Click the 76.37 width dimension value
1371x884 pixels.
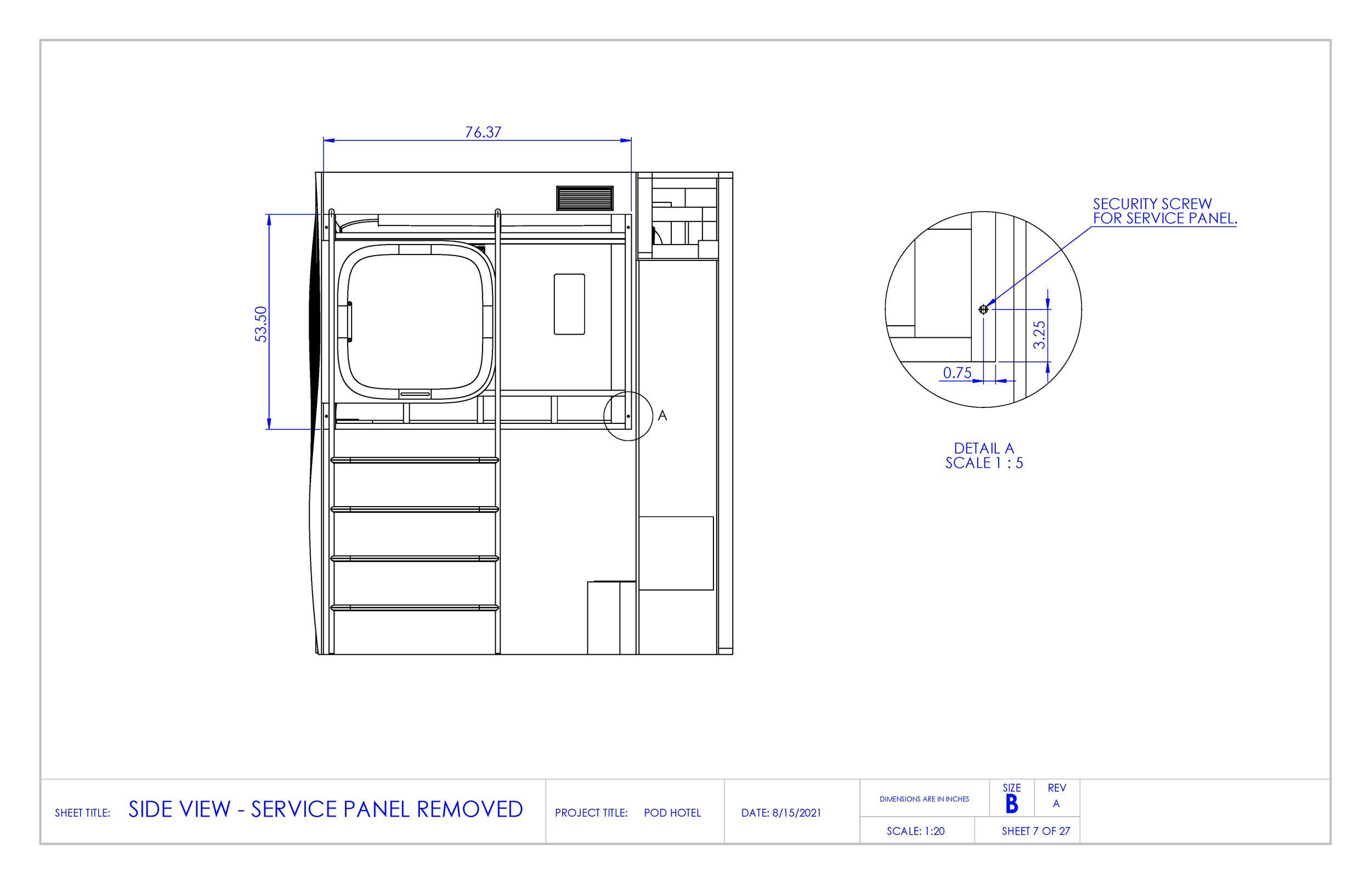[x=483, y=132]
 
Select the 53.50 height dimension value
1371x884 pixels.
[x=261, y=324]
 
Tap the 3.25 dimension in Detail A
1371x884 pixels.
[x=1039, y=335]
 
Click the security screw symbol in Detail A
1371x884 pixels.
[x=983, y=309]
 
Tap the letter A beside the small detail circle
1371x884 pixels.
[x=662, y=416]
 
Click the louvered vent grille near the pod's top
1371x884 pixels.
[x=584, y=197]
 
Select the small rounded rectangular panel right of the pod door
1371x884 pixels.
[x=569, y=304]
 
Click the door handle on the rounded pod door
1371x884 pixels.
[x=349, y=321]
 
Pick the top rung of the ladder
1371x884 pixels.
[x=415, y=460]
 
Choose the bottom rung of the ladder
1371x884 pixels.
[x=415, y=607]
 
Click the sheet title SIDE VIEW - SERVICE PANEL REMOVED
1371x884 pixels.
[x=325, y=809]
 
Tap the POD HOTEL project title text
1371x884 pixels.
[x=672, y=813]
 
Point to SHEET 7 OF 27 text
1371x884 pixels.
[x=1035, y=831]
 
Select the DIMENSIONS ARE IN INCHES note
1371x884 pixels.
[x=924, y=799]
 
